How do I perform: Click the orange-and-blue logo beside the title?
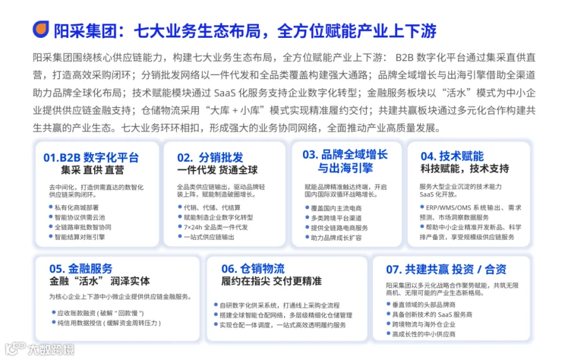pos(40,29)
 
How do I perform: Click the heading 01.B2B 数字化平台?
pos(91,158)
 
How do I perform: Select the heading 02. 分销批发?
pos(210,158)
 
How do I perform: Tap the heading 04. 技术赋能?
pos(452,156)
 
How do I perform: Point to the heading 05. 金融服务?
pos(81,268)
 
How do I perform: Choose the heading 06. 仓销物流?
pos(253,268)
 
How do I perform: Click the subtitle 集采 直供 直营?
pos(92,170)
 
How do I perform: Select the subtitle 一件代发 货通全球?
pos(217,170)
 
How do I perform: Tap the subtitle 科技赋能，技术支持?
pos(464,169)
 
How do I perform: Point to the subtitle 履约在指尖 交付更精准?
pos(271,281)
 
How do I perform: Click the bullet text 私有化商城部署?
pos(76,208)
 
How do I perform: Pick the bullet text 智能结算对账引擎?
pos(80,237)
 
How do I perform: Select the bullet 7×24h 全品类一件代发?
pos(216,227)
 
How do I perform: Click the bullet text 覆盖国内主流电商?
pos(336,208)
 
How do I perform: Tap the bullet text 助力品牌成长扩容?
pos(336,238)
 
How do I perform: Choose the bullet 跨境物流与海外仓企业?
pos(423,325)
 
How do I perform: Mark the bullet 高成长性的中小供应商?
pos(423,334)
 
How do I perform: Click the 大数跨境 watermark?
pos(40,349)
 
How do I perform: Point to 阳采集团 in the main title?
pos(85,31)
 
